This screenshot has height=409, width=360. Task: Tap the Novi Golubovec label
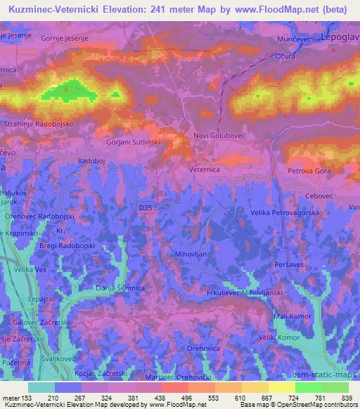point(218,136)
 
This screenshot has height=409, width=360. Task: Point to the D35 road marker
point(145,207)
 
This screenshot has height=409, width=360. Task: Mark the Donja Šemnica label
point(120,289)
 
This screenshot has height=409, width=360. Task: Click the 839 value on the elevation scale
point(346,398)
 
